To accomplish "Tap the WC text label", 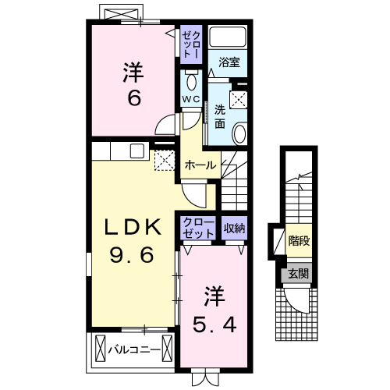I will (x=191, y=99).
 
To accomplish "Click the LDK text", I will (x=134, y=227).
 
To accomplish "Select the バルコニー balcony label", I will (x=134, y=348).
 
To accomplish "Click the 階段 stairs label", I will (x=297, y=241).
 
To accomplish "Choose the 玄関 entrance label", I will (x=297, y=274).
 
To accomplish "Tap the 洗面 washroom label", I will (x=220, y=117).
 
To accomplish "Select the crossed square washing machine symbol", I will (x=239, y=100).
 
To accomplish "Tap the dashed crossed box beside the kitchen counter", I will (x=165, y=160).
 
